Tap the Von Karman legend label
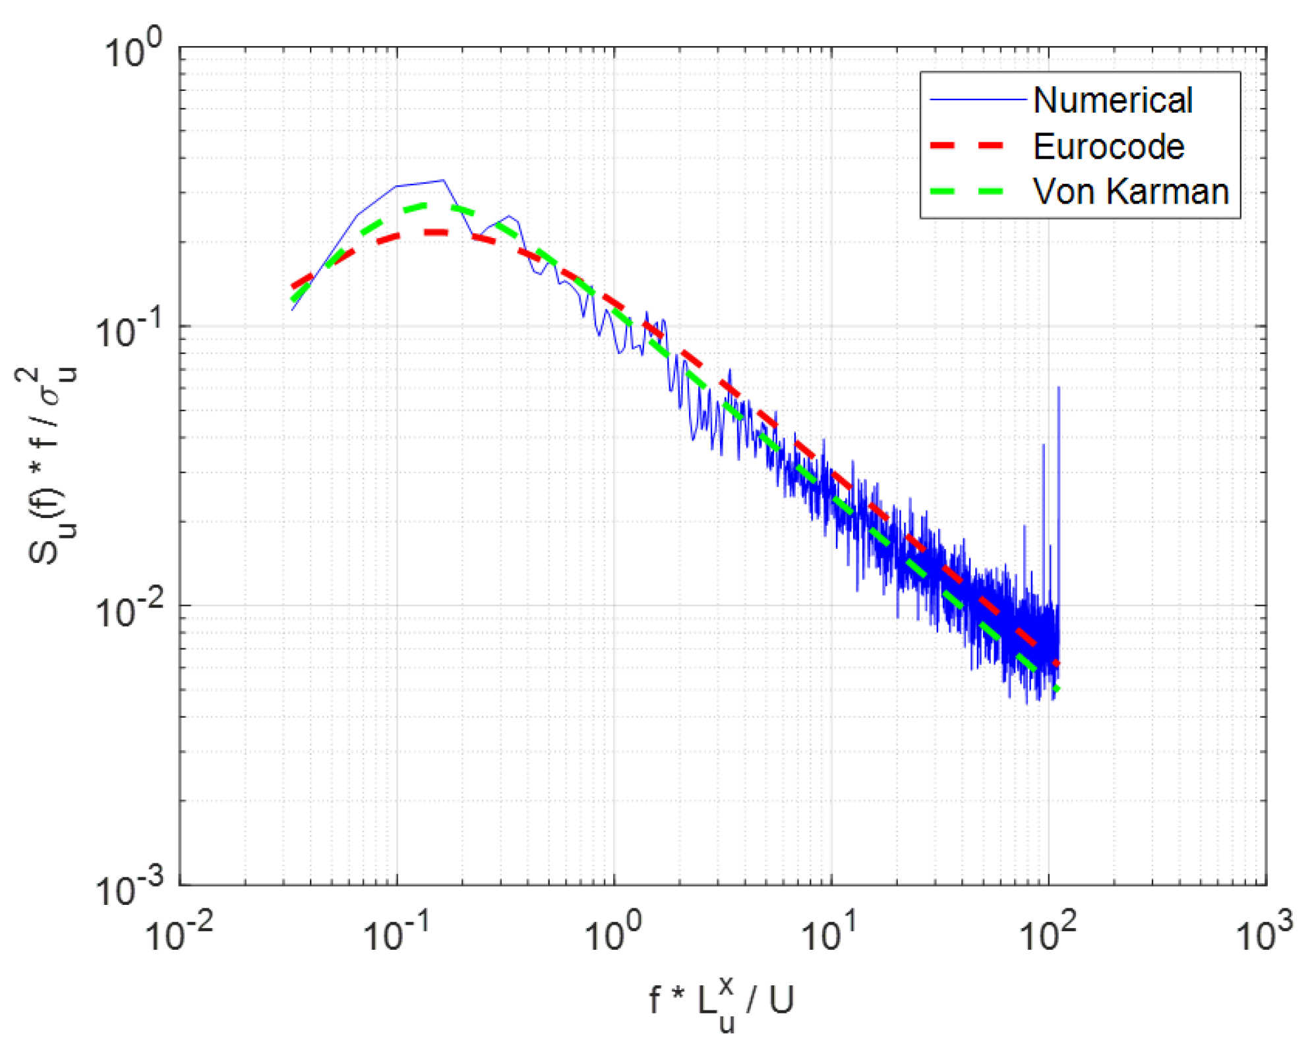[x=1130, y=192]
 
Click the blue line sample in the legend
[x=978, y=100]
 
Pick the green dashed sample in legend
[x=967, y=192]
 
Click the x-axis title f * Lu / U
[x=721, y=1002]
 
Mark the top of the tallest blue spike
[x=1058, y=388]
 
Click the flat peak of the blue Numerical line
[x=422, y=183]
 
